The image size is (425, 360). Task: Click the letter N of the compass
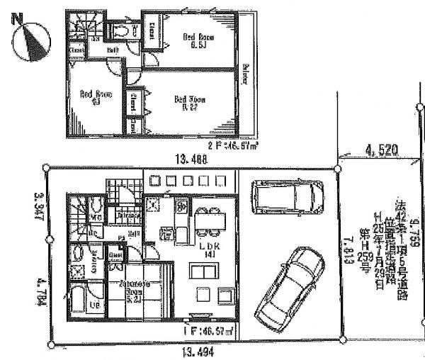pos(13,20)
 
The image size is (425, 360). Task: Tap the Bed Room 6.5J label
pos(193,38)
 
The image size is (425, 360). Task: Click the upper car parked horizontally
pos(286,198)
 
